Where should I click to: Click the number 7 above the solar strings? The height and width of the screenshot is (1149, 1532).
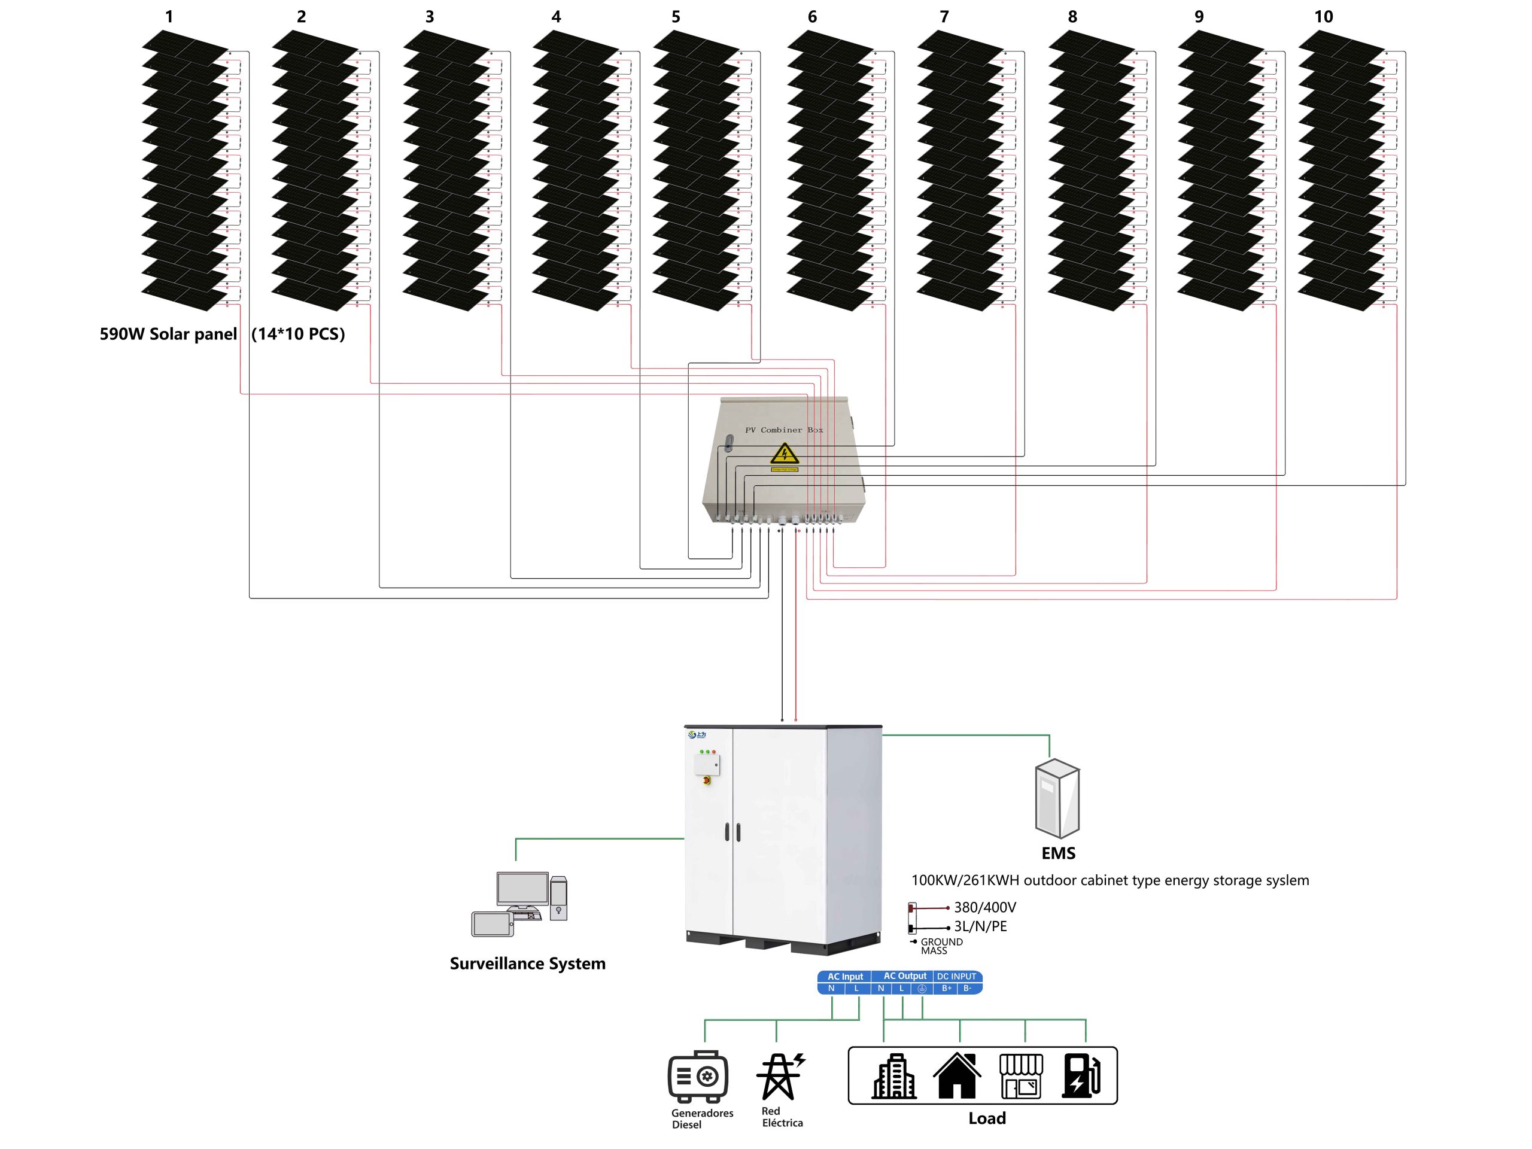click(x=944, y=17)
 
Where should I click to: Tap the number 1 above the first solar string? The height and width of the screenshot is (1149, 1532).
click(x=169, y=17)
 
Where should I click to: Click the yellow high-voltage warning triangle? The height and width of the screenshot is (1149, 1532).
click(x=784, y=454)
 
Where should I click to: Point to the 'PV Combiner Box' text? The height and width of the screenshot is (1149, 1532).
click(x=783, y=430)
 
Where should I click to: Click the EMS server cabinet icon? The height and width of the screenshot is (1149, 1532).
click(x=1057, y=798)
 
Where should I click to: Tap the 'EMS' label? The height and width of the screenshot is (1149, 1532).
click(x=1058, y=853)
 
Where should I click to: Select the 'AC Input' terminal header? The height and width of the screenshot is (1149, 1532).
click(x=845, y=977)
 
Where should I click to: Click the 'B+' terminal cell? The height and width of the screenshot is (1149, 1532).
click(x=946, y=989)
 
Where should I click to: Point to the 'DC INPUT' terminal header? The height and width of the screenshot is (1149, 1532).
click(x=956, y=977)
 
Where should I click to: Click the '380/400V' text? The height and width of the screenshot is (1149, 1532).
click(x=985, y=907)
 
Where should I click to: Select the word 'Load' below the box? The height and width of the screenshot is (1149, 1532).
click(x=987, y=1118)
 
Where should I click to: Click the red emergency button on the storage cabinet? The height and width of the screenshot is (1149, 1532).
click(x=706, y=780)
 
